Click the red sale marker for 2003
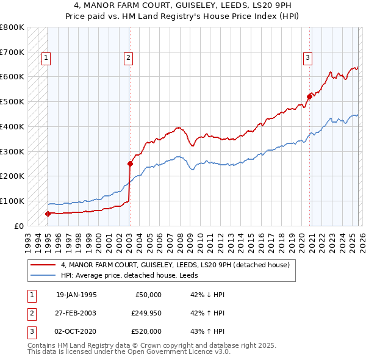click(130, 164)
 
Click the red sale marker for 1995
click(48, 214)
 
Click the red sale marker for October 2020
click(309, 96)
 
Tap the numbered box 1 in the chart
click(46, 58)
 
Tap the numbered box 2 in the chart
click(129, 58)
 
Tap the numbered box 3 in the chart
click(308, 58)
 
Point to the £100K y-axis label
click(12, 201)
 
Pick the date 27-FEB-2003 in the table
click(76, 313)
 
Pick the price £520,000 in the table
click(146, 331)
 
